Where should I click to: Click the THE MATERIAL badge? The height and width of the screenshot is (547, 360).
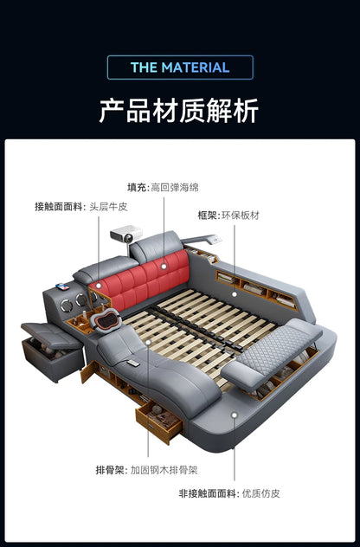click(x=180, y=68)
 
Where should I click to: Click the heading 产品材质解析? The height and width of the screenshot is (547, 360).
click(x=179, y=111)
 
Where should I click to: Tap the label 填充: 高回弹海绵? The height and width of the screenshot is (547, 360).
click(x=163, y=187)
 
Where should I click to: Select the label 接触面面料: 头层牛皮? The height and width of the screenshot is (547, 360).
click(x=81, y=207)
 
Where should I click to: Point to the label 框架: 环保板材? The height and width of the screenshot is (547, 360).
click(x=228, y=216)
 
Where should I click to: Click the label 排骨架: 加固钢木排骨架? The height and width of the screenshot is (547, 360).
click(x=146, y=470)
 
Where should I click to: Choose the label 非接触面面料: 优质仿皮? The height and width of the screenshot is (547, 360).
click(x=229, y=493)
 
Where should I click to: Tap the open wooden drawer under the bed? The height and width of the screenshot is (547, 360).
click(x=159, y=421)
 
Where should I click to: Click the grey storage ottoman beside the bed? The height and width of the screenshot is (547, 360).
click(x=52, y=351)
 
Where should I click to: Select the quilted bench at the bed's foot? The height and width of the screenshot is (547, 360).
click(x=272, y=354)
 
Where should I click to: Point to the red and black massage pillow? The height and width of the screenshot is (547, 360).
click(x=106, y=320)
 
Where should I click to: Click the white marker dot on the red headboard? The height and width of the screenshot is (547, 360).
click(x=164, y=267)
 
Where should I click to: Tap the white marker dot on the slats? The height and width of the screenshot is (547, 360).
click(x=148, y=342)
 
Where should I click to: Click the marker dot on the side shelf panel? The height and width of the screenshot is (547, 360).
click(x=235, y=294)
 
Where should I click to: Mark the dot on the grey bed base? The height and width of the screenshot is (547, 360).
click(x=235, y=415)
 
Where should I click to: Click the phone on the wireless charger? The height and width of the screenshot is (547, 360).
click(x=62, y=286)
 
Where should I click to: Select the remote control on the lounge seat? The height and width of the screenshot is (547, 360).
click(x=133, y=364)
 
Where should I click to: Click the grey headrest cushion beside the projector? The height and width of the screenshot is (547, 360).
click(x=156, y=246)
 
